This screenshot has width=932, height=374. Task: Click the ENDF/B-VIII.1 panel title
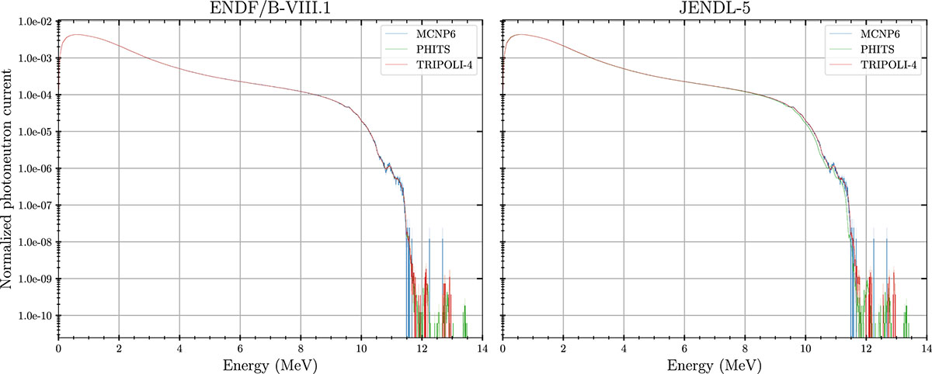tap(270, 9)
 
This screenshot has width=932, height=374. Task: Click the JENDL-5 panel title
tap(715, 9)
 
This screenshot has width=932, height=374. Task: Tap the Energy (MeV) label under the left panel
tap(270, 364)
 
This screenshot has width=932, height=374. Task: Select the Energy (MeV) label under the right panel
tap(715, 364)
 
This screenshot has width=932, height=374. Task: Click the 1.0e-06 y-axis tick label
tap(35, 168)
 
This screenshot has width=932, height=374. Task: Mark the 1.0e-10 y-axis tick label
tap(35, 316)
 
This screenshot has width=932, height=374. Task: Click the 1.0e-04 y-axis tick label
tap(35, 95)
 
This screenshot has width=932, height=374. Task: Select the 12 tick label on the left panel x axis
tap(422, 348)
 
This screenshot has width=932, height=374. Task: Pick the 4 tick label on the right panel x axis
tap(624, 348)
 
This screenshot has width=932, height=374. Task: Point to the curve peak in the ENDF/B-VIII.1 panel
tap(75, 35)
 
